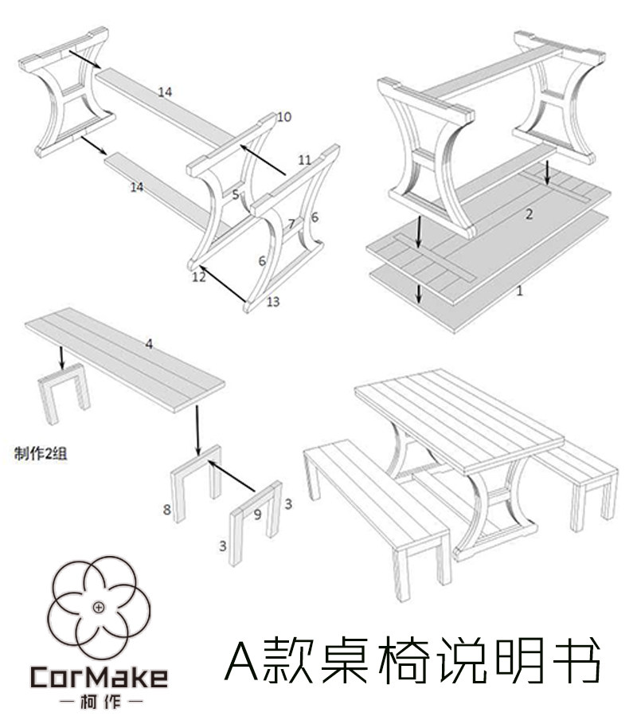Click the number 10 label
(x=283, y=117)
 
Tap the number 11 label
(x=304, y=159)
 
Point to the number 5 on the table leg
(x=236, y=194)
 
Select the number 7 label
(x=291, y=224)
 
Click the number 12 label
(x=199, y=277)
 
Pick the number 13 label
(x=273, y=301)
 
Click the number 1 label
(x=519, y=291)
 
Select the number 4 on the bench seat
(x=149, y=344)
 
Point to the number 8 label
(x=166, y=509)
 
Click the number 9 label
(x=257, y=515)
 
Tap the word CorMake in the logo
(x=99, y=677)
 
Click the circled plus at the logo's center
(x=98, y=608)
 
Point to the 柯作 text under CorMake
(x=99, y=702)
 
